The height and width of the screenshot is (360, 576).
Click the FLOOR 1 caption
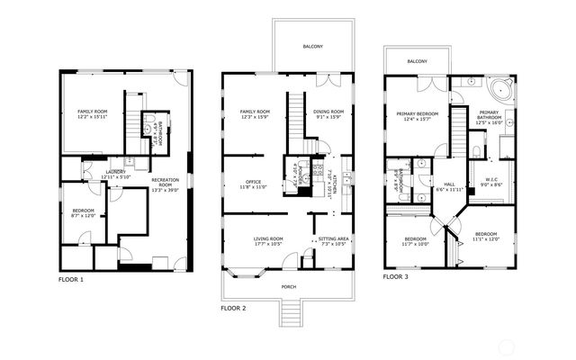pyautogui.click(x=70, y=280)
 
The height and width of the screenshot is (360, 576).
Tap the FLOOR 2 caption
pyautogui.click(x=234, y=308)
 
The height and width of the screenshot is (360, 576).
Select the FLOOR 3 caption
pyautogui.click(x=397, y=277)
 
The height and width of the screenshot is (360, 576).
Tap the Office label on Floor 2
pyautogui.click(x=252, y=184)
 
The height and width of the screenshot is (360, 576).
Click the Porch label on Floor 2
pyautogui.click(x=288, y=287)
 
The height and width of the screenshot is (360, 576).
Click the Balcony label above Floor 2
pyautogui.click(x=312, y=46)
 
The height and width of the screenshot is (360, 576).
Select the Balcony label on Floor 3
pyautogui.click(x=417, y=61)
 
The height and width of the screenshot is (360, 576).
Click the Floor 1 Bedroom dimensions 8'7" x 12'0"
pyautogui.click(x=84, y=215)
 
